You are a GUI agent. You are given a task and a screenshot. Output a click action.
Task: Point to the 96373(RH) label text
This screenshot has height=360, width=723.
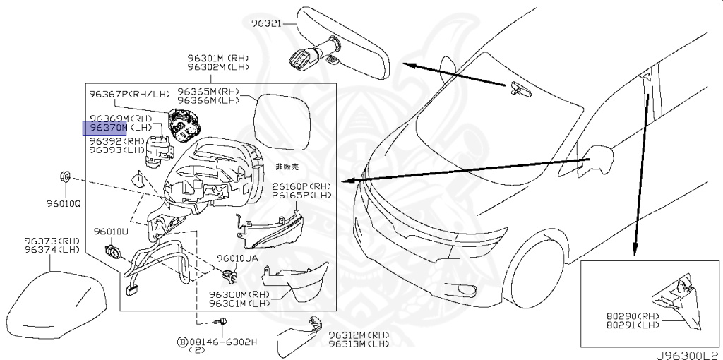coord(53,241)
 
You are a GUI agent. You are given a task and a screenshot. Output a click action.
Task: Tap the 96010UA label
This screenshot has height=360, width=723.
coord(237,258)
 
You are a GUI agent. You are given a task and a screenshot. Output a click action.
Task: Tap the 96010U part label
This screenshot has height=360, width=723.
coord(112,232)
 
